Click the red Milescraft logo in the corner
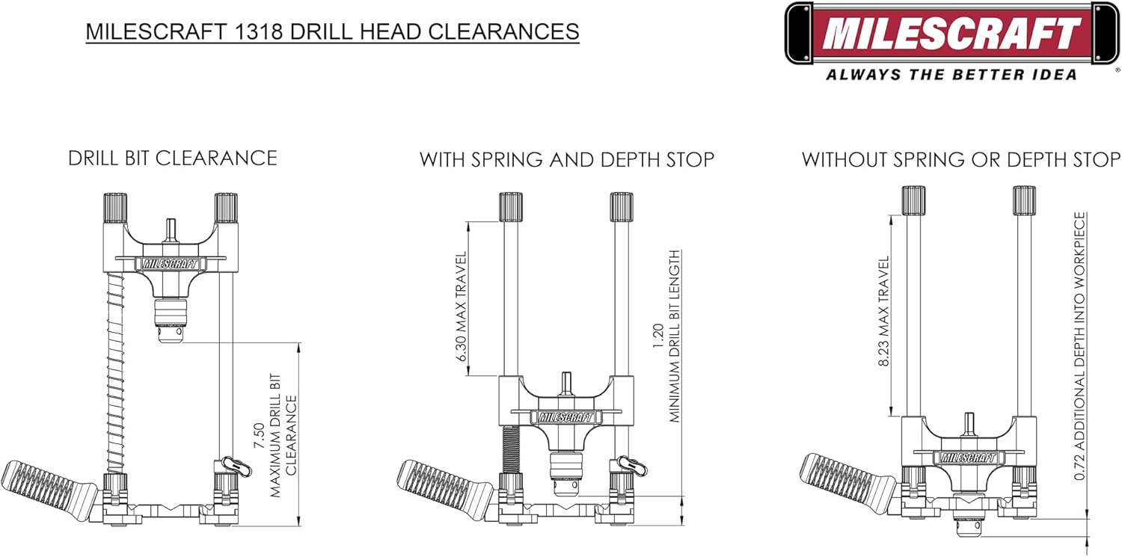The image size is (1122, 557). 951,33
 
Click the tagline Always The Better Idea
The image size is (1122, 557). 951,74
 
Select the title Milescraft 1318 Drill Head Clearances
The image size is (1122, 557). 332,31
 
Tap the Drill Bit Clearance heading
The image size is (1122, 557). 173,159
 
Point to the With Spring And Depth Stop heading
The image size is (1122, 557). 566,159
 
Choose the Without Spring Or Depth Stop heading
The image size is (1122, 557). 961,159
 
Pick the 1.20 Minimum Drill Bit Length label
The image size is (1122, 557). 666,336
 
